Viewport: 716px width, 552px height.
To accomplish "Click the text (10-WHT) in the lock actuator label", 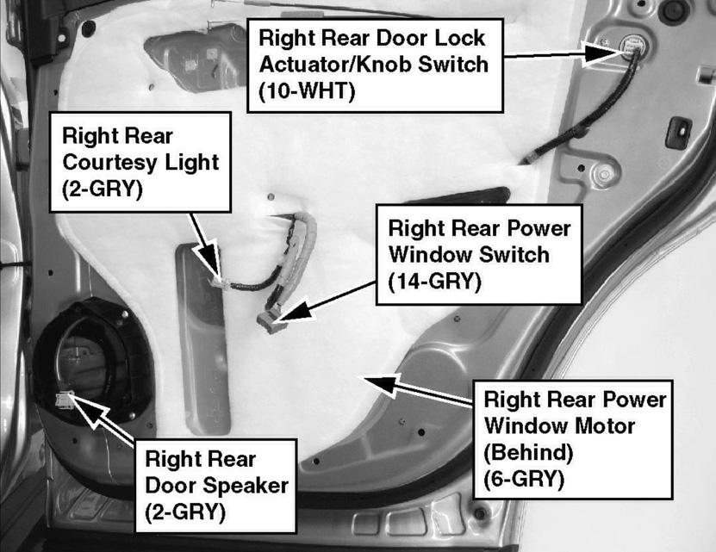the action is pos(307,91).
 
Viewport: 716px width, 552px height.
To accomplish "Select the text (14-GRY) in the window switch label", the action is pos(434,281).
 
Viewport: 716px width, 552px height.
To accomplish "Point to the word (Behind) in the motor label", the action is pos(528,452).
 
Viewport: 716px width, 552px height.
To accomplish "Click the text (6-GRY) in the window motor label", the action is pos(524,479).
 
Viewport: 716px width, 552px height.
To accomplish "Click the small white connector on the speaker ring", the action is pos(65,400).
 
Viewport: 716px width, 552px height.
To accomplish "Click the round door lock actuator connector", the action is pos(633,46).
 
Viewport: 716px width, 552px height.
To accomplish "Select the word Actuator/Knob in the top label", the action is pos(336,65).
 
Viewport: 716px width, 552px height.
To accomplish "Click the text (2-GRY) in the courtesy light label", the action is pos(103,189).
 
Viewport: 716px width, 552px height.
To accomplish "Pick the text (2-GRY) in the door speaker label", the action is pos(185,512).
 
